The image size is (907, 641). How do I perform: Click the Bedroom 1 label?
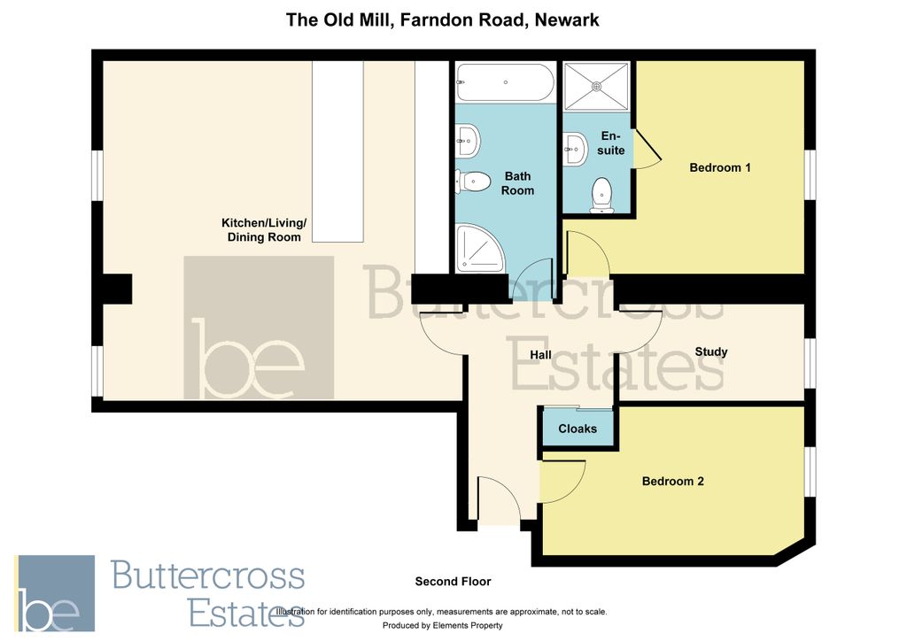click(720, 167)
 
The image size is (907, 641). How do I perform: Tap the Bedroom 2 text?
click(672, 482)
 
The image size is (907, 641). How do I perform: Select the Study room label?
click(711, 351)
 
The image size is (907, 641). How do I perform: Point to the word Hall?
click(540, 355)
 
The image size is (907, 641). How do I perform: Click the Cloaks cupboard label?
click(578, 429)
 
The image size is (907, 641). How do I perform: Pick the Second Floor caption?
click(453, 582)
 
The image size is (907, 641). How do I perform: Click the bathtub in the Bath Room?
click(505, 82)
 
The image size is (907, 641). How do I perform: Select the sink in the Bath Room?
click(468, 138)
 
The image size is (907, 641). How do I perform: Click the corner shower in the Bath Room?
click(478, 248)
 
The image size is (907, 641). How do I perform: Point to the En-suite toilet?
click(602, 194)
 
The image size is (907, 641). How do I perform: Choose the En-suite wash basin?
click(575, 149)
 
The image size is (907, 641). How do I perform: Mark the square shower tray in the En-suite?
click(596, 86)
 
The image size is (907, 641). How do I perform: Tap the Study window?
click(809, 364)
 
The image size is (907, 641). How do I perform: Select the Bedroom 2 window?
click(809, 470)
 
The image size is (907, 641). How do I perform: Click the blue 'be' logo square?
click(54, 593)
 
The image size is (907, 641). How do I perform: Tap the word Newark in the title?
click(565, 19)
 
